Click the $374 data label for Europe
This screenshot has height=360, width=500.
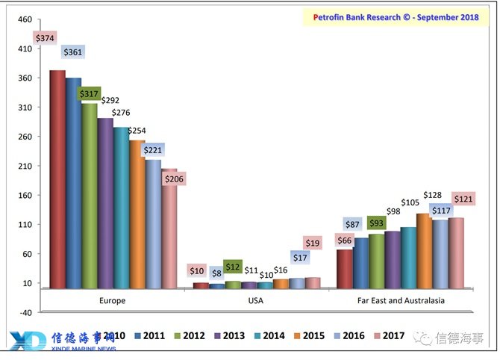pos(44,38)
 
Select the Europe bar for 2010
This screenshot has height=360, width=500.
pos(57,179)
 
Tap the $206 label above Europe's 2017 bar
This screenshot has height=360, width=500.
pos(174,179)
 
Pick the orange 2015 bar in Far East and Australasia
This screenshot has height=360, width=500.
pos(423,251)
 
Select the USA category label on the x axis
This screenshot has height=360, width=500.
pos(256,300)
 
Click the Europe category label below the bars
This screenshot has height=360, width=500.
pos(112,300)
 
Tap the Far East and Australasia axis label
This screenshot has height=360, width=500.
pos(400,300)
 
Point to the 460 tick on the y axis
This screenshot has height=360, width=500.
pos(25,19)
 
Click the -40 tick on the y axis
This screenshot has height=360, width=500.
pos(24,312)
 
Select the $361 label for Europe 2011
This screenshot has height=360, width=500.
pos(72,52)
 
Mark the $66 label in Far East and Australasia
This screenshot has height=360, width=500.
pos(345,240)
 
